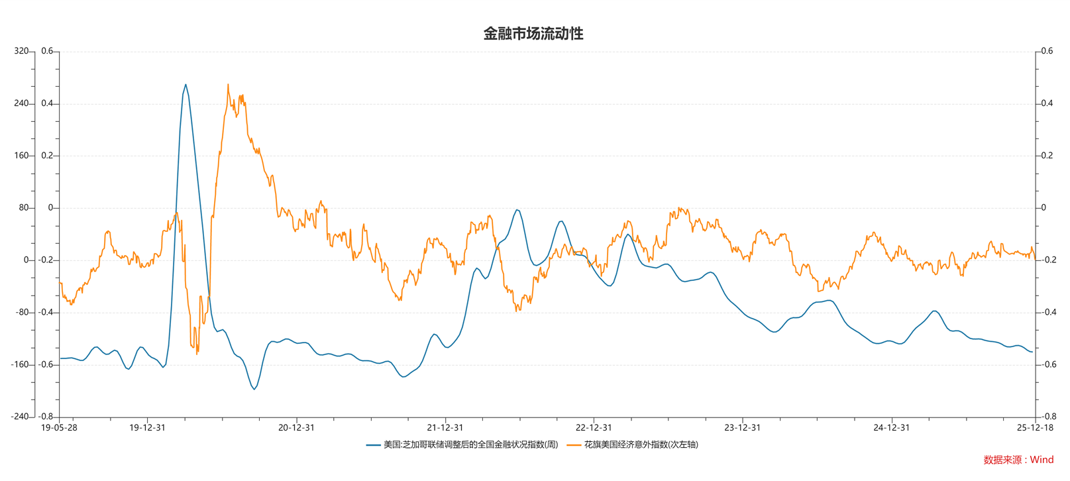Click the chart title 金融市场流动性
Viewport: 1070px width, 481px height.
533,34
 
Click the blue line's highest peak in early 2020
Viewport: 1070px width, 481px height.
186,85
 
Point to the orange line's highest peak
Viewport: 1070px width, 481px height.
228,85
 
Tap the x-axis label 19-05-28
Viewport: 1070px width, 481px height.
59,427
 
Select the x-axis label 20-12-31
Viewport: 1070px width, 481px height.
296,427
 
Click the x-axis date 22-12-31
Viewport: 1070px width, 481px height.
594,427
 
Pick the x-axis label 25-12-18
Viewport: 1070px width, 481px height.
1035,427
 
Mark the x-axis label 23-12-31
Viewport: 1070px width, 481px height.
742,427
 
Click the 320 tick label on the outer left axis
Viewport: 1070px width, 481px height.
21,51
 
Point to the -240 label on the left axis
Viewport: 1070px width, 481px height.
20,417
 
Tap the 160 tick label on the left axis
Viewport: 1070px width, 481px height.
21,156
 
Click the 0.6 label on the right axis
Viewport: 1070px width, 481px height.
1047,51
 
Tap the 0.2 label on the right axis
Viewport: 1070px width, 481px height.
1047,156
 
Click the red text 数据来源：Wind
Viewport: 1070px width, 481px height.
1018,460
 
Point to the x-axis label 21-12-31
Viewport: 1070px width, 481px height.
445,427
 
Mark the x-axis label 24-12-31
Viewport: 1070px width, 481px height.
891,427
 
